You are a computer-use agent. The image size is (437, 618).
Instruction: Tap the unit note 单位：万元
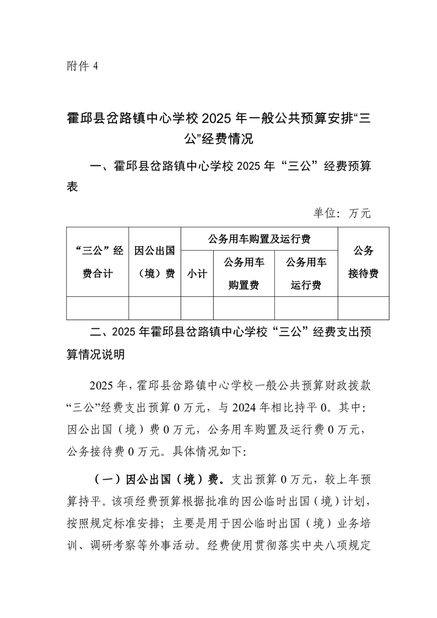(x=342, y=213)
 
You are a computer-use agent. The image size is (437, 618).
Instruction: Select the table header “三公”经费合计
(x=98, y=262)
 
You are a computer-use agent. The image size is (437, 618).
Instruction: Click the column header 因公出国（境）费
(x=155, y=262)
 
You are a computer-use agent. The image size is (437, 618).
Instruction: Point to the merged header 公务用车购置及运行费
(x=259, y=239)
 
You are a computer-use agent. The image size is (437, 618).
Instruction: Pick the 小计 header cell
(x=197, y=274)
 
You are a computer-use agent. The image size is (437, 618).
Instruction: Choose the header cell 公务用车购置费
(x=244, y=273)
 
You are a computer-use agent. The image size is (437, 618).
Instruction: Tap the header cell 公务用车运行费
(x=306, y=273)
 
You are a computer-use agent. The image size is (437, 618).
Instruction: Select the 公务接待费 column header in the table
(x=363, y=262)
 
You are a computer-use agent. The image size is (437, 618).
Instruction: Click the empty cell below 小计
(x=197, y=308)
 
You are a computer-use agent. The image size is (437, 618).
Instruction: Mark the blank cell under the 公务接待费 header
(x=363, y=308)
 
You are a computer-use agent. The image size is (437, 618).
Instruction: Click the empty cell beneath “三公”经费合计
(x=98, y=308)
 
